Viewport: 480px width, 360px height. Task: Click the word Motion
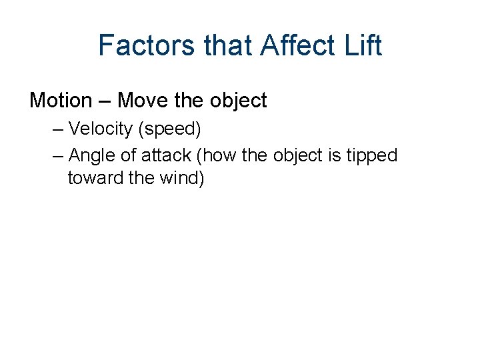coord(61,101)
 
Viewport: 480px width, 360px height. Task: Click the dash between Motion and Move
coord(105,101)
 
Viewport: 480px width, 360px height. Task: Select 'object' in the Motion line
coord(238,101)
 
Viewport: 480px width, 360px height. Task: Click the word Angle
coord(90,156)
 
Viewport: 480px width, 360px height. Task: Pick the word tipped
coord(372,156)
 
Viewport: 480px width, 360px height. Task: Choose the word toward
coord(94,179)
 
